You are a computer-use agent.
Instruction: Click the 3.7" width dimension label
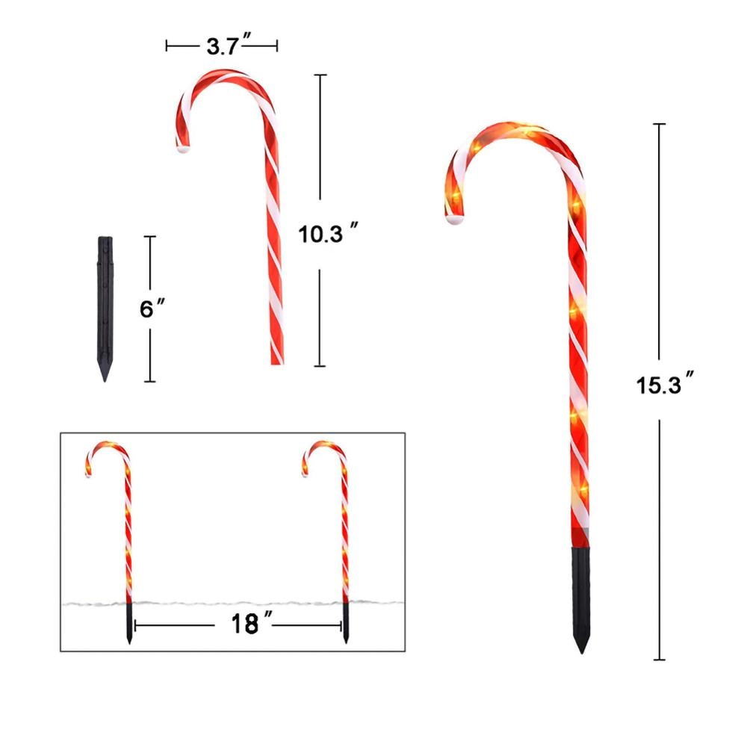click(222, 47)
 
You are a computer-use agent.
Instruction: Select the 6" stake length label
click(152, 309)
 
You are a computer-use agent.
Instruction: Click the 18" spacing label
click(241, 622)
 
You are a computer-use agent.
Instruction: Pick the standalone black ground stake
click(105, 306)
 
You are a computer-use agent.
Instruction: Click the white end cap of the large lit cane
click(455, 220)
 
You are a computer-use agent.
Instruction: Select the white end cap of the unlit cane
click(182, 149)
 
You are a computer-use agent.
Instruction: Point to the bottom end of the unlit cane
click(276, 362)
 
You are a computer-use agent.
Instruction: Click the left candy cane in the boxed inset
click(120, 523)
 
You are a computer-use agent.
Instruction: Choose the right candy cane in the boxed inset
click(336, 523)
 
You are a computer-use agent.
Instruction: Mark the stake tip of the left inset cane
click(129, 642)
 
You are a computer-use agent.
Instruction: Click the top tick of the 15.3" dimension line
click(660, 124)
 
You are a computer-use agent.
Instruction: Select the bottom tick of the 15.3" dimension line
click(660, 660)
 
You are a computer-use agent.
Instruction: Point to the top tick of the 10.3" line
click(320, 75)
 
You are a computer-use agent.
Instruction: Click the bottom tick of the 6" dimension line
click(150, 382)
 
